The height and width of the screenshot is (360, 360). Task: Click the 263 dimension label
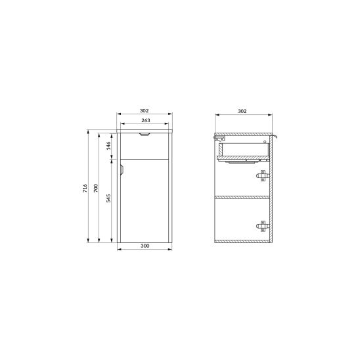[146, 120]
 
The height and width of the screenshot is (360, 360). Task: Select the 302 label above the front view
[144, 110]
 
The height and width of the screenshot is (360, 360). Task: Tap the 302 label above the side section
[242, 111]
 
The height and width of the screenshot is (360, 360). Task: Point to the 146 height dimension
[108, 146]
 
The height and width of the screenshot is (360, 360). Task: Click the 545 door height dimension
[108, 198]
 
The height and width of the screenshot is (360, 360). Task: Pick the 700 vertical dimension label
[96, 188]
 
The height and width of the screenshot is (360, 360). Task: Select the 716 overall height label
[85, 188]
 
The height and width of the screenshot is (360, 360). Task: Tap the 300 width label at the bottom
[145, 246]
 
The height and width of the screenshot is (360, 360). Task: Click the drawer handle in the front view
[145, 134]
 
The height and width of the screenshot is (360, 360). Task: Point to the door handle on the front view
[122, 170]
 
